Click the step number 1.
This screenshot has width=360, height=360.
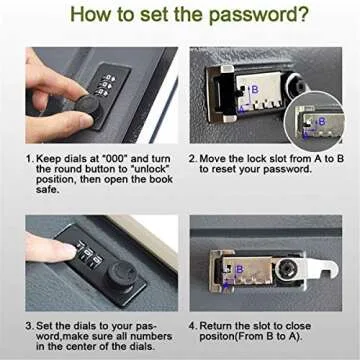(29, 159)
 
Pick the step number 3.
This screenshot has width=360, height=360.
(29, 325)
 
